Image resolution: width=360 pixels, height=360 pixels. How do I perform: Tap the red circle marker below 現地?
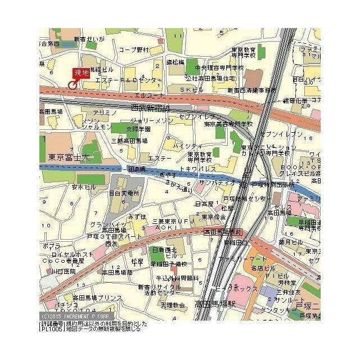tap(72, 85)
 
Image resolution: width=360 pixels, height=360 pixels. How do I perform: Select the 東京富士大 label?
tap(69, 157)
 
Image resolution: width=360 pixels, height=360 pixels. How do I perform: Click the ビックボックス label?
tap(236, 288)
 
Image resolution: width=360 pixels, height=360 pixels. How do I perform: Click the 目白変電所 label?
tap(124, 193)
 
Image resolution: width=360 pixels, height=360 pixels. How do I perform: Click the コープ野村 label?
tap(134, 50)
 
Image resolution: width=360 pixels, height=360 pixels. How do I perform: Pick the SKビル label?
tap(191, 90)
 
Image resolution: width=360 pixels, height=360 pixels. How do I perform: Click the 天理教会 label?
tap(172, 305)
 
